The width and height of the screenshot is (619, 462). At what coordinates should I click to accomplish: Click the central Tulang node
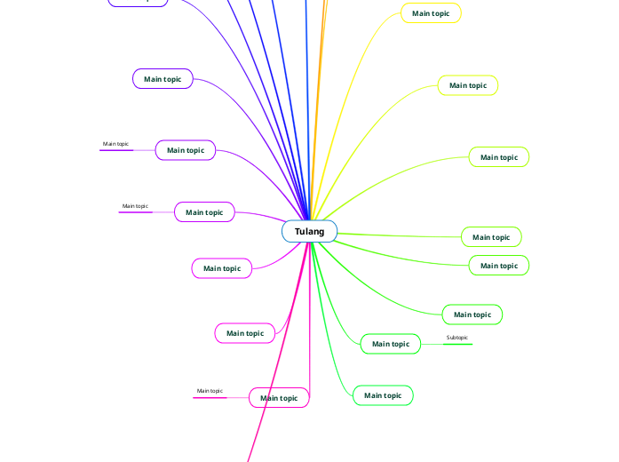pyautogui.click(x=309, y=232)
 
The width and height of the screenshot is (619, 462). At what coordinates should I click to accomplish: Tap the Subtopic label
pyautogui.click(x=456, y=338)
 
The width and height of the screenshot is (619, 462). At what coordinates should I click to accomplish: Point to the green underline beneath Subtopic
pyautogui.click(x=457, y=344)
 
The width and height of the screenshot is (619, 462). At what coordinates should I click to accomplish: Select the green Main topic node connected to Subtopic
pyautogui.click(x=390, y=344)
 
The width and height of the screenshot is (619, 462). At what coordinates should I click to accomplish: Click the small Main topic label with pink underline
pyautogui.click(x=210, y=391)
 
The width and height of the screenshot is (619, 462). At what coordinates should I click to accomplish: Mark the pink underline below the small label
pyautogui.click(x=210, y=397)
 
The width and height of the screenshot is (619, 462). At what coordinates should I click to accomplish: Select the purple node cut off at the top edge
pyautogui.click(x=138, y=3)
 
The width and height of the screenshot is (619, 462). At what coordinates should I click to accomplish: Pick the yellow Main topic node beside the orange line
pyautogui.click(x=431, y=13)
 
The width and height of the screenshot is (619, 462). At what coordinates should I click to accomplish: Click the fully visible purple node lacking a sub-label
pyautogui.click(x=163, y=79)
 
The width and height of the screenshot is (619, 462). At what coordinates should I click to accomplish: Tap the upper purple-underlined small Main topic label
pyautogui.click(x=115, y=144)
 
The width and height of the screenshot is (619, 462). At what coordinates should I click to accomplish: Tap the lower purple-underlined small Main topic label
pyautogui.click(x=135, y=206)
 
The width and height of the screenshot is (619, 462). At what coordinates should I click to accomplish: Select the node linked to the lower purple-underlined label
pyautogui.click(x=204, y=212)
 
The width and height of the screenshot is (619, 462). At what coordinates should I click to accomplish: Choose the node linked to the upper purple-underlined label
pyautogui.click(x=186, y=150)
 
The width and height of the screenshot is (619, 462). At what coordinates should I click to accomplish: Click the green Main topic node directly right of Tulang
pyautogui.click(x=490, y=237)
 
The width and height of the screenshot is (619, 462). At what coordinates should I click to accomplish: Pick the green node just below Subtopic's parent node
pyautogui.click(x=383, y=395)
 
